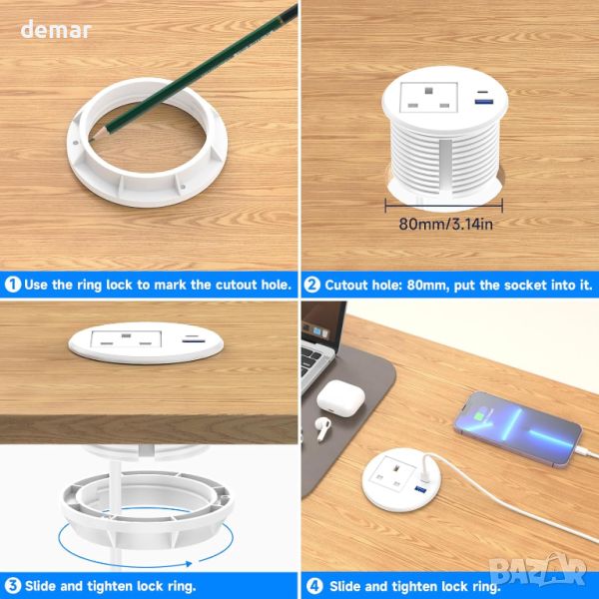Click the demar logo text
point(55,30)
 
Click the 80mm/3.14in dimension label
point(445,224)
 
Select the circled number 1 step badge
point(13,285)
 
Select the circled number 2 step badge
point(311,285)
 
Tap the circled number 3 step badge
point(13,586)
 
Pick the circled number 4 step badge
point(314,586)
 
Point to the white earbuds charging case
point(340,397)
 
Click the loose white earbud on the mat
point(322,428)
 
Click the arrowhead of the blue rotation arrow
point(188,563)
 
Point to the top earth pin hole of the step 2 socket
point(428,91)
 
